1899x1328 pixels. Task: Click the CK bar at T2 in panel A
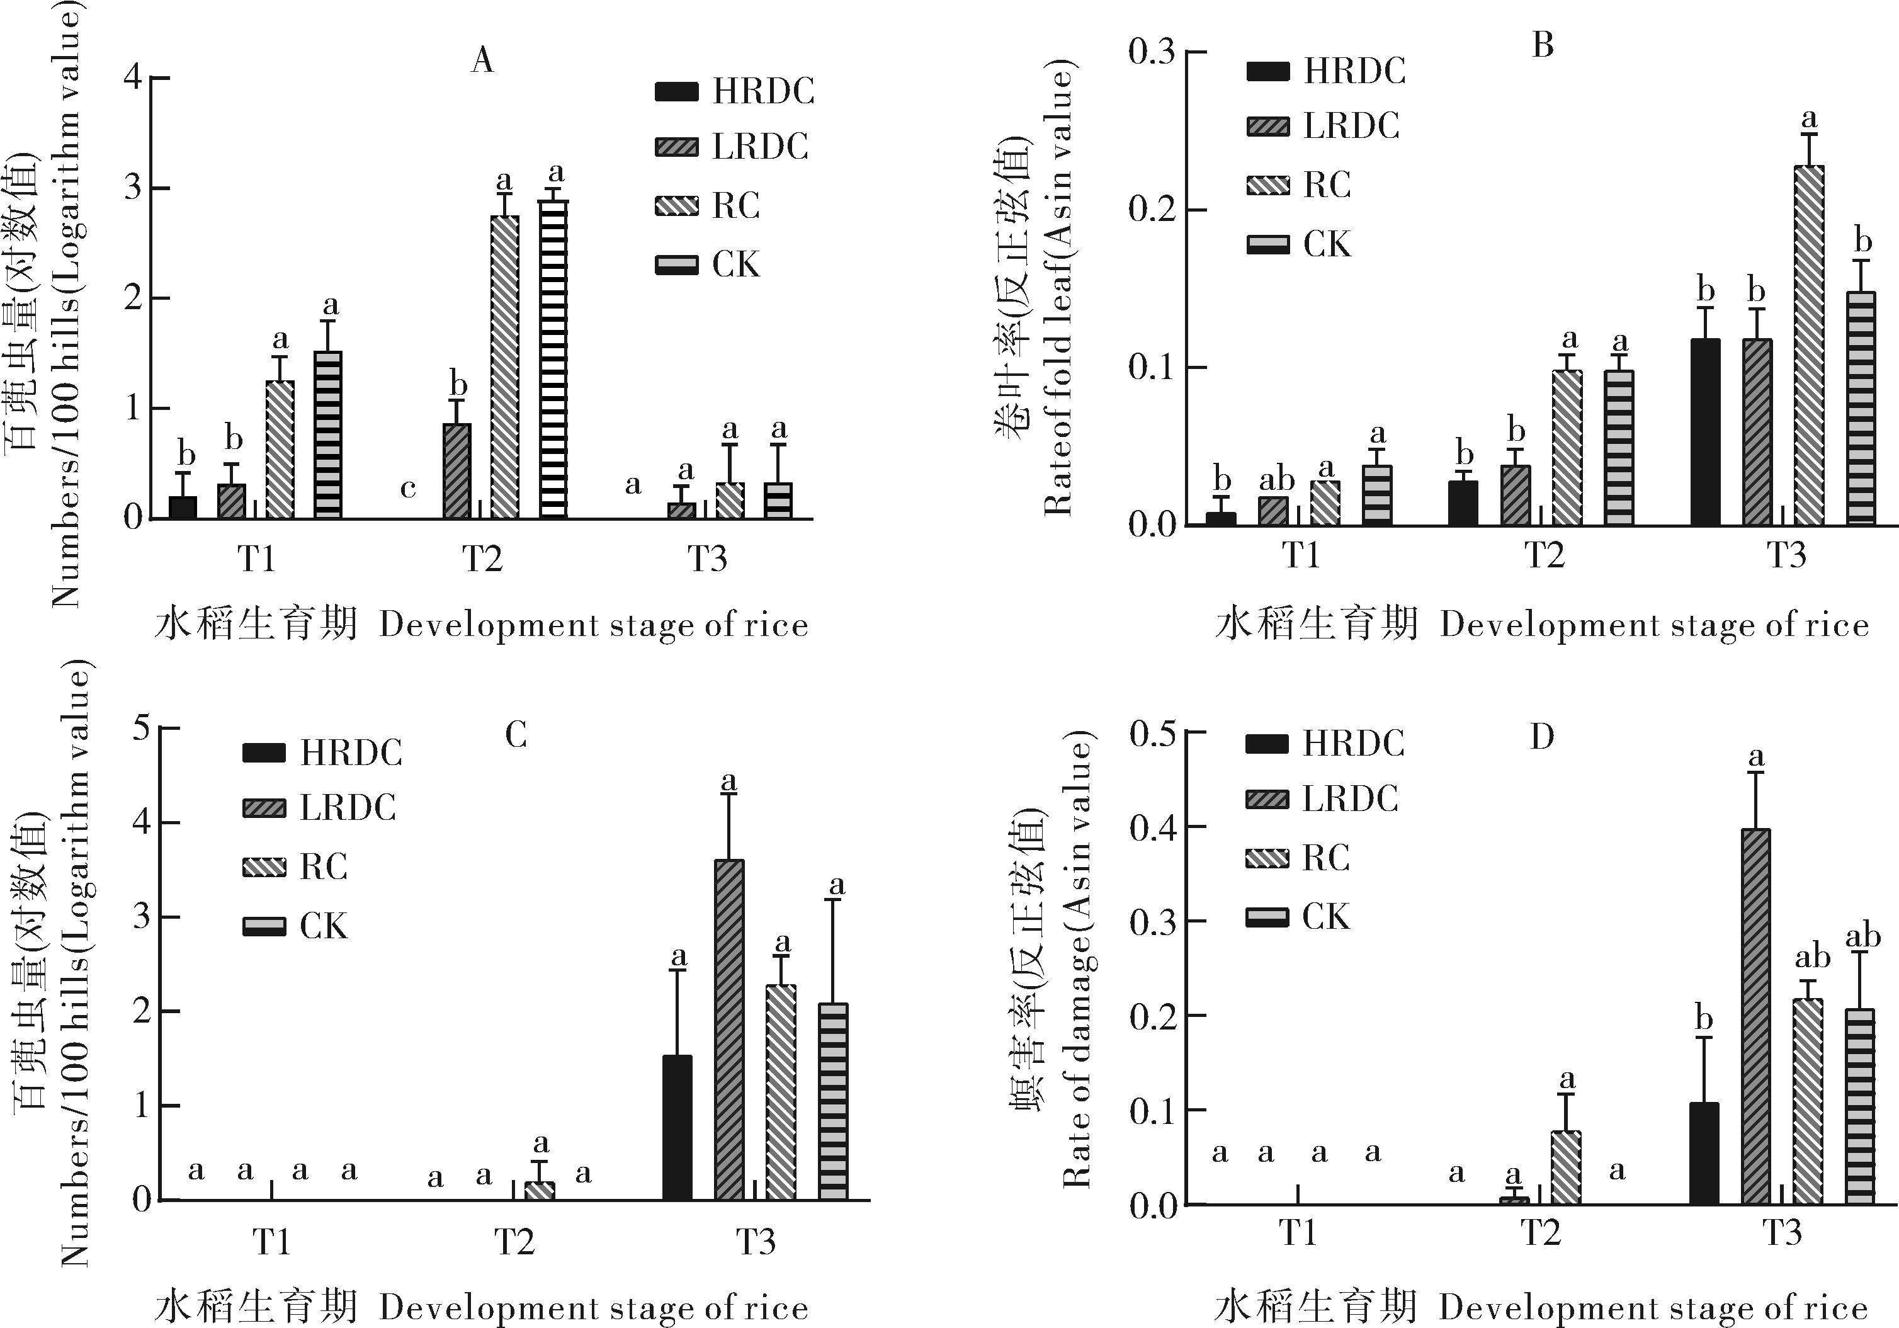554,360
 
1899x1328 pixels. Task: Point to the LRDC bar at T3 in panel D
1756,1016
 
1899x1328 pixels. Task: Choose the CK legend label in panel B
1327,245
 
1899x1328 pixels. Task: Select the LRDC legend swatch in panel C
264,808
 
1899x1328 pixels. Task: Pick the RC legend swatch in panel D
1266,858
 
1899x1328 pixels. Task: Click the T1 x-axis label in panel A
256,559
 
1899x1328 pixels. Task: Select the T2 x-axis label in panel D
1540,1234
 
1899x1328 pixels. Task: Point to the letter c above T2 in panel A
408,489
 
